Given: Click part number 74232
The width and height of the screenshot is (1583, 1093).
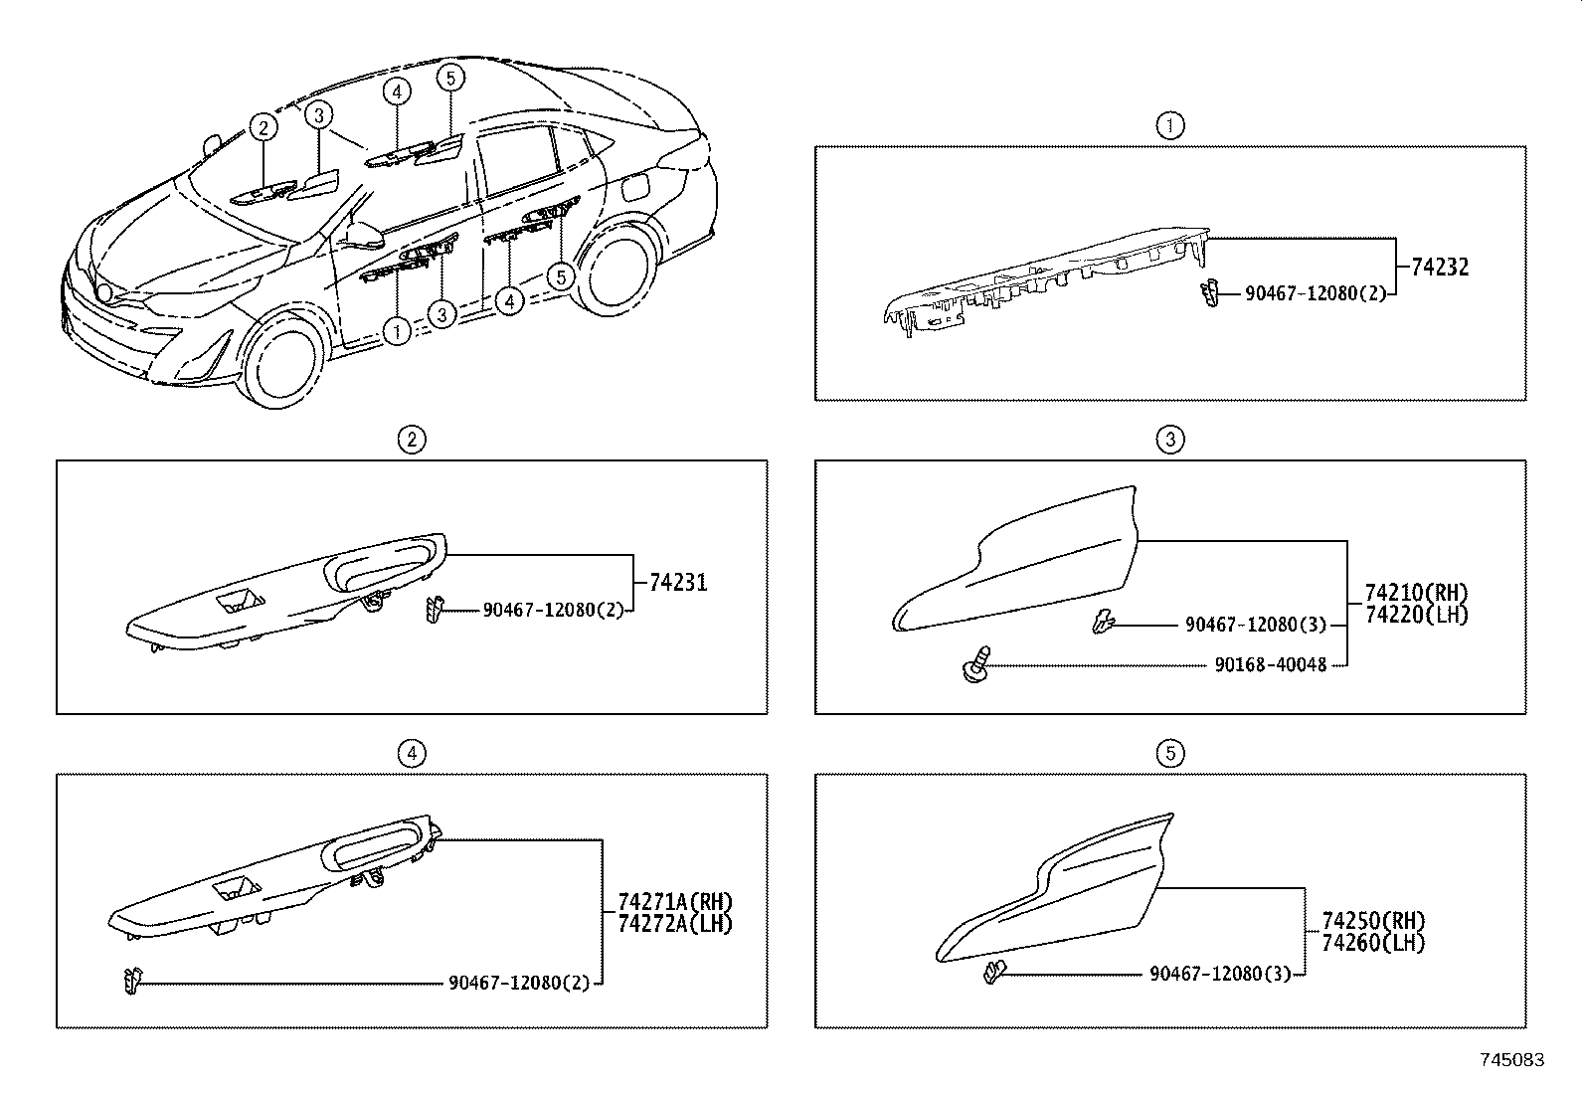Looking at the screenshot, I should [x=1440, y=267].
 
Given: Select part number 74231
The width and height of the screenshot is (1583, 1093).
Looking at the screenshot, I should [x=678, y=582].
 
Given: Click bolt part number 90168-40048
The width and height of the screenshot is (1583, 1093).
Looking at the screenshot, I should [x=1270, y=664].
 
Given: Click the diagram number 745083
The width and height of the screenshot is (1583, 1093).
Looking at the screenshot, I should [x=1512, y=1060].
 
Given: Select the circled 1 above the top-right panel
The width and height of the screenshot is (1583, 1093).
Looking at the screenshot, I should [x=1170, y=125].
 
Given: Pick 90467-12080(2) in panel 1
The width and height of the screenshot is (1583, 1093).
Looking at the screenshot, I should [x=1316, y=293].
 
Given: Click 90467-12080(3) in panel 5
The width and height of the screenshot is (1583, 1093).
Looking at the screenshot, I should [x=1220, y=974].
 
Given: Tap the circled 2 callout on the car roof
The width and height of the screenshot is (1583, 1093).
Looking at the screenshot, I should [x=263, y=127].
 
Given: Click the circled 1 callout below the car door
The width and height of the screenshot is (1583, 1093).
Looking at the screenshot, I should [x=396, y=330].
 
